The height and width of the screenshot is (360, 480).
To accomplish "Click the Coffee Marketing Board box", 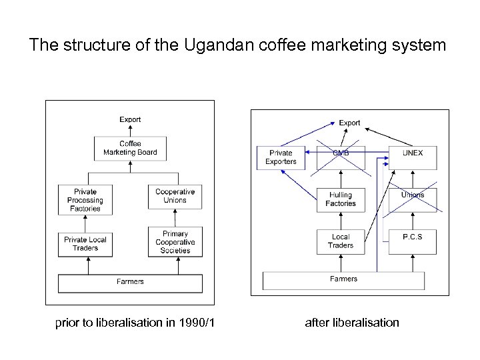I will pyautogui.click(x=130, y=148).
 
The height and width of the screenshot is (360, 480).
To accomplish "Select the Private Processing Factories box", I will pyautogui.click(x=85, y=200).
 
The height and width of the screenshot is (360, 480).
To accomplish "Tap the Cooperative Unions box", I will pyautogui.click(x=175, y=196).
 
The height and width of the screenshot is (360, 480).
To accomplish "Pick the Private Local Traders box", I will pyautogui.click(x=85, y=244).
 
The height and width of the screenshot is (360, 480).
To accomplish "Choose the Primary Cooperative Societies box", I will pyautogui.click(x=175, y=242).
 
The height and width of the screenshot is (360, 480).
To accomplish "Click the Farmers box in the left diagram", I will pyautogui.click(x=130, y=283).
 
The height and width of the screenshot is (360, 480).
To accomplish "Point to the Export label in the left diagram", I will pyautogui.click(x=130, y=119).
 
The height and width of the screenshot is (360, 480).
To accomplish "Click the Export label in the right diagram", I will pyautogui.click(x=349, y=123).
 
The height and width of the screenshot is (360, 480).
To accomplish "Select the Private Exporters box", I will pyautogui.click(x=281, y=157).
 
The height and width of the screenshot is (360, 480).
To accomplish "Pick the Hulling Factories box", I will pyautogui.click(x=341, y=199).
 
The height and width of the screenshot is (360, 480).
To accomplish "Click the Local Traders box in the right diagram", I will pyautogui.click(x=341, y=241).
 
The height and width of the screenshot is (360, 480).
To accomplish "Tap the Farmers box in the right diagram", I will pyautogui.click(x=343, y=280).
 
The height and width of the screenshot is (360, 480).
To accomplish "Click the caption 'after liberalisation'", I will pyautogui.click(x=352, y=323).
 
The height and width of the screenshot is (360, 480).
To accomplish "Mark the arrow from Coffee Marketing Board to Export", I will pyautogui.click(x=130, y=131).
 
